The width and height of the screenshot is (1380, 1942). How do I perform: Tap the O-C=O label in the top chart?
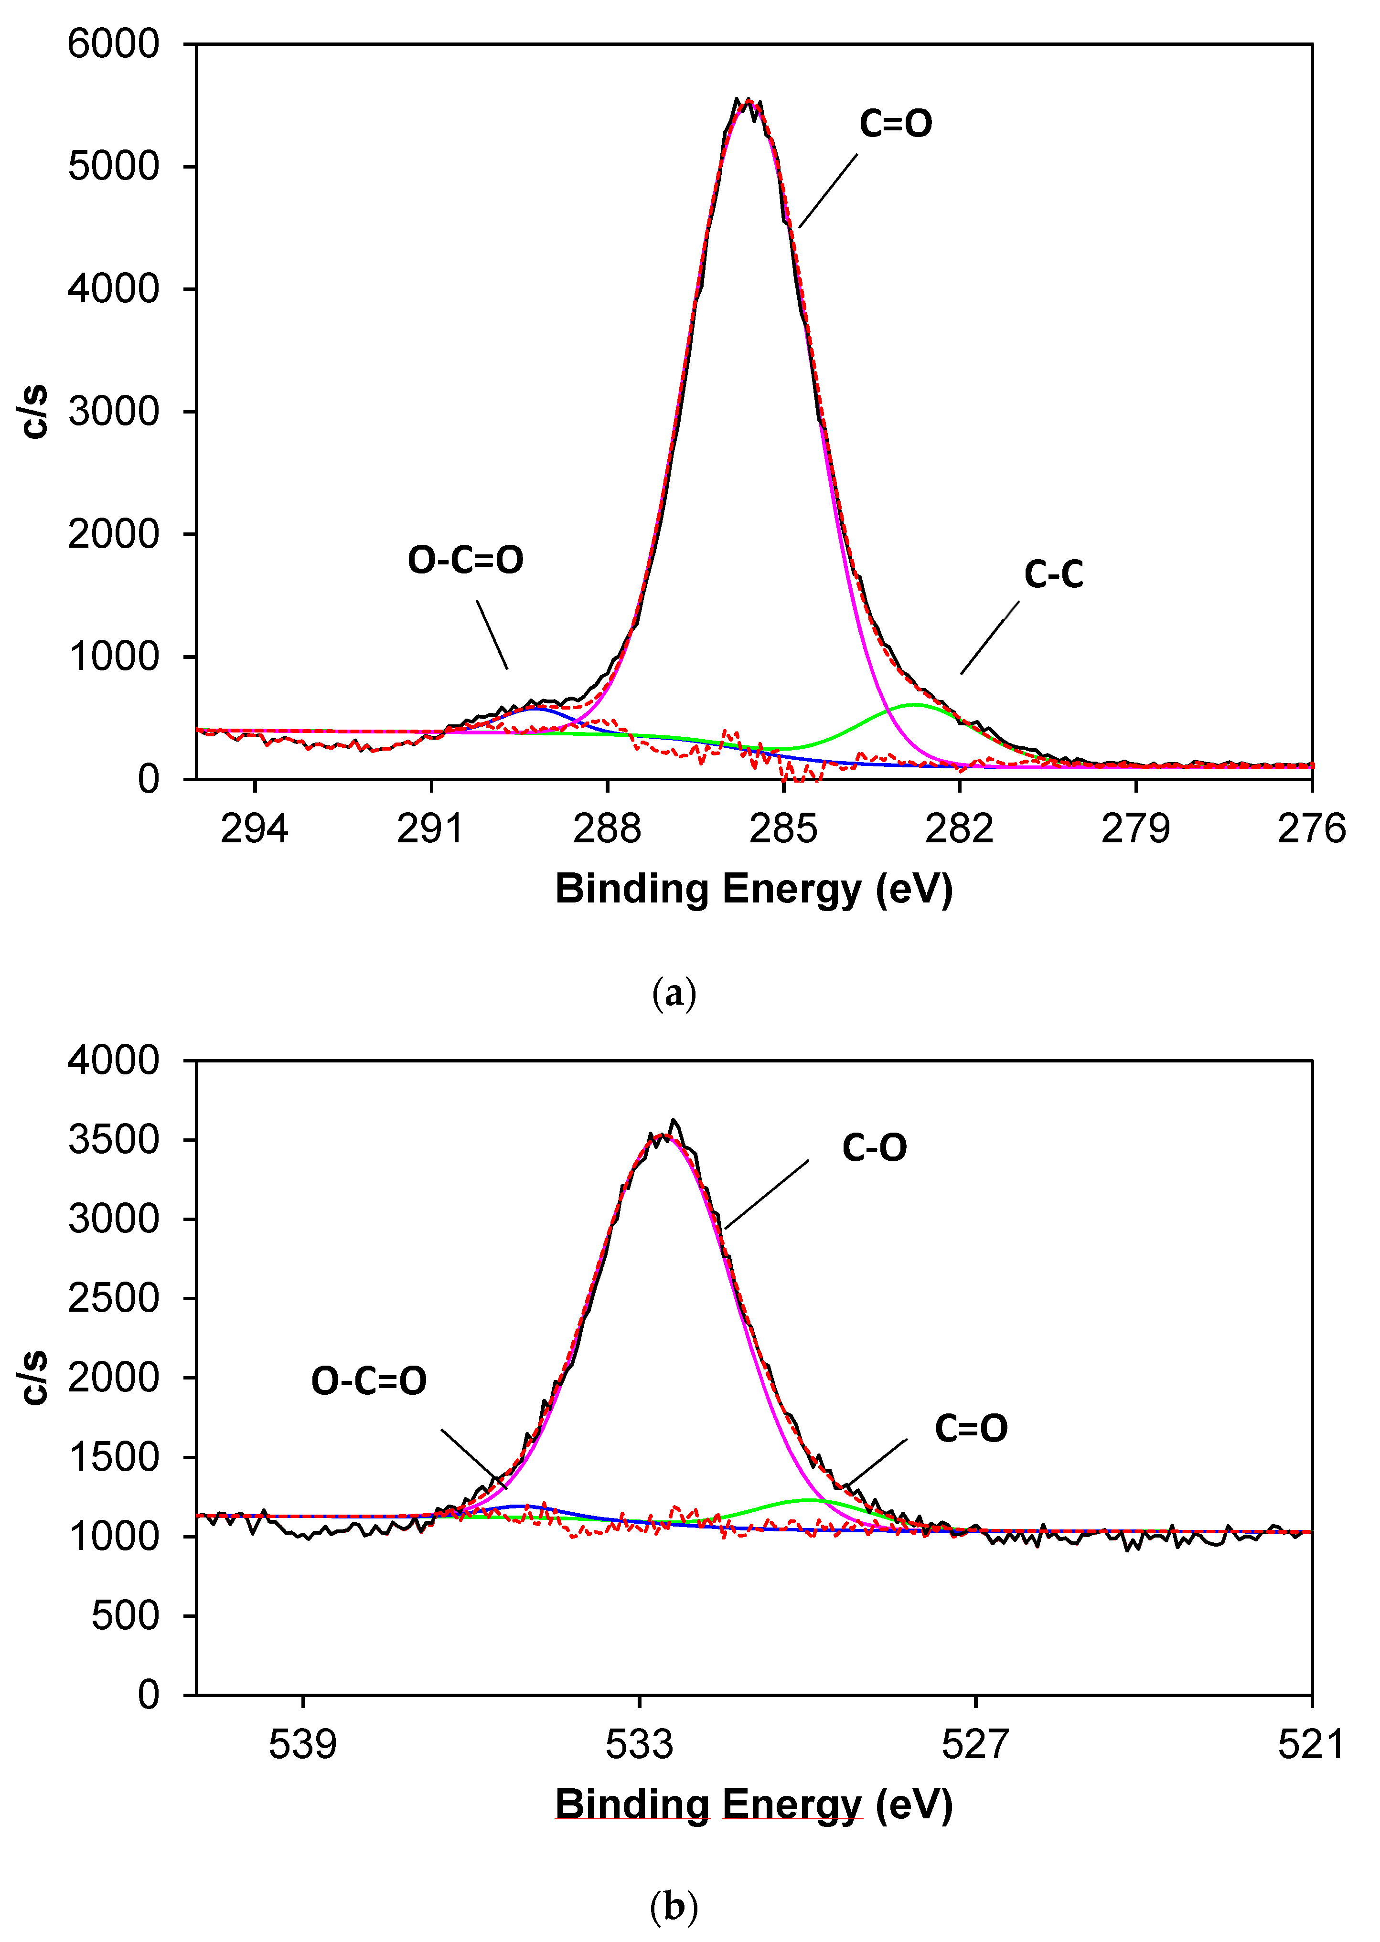[466, 560]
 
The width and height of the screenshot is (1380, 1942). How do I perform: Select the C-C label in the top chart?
[1054, 575]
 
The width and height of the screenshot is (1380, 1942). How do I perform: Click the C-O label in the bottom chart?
[875, 1148]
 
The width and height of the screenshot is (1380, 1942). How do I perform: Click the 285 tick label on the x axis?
[783, 829]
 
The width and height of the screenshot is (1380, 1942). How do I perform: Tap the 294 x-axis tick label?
[254, 829]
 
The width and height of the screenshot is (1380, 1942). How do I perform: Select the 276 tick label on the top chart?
[1311, 829]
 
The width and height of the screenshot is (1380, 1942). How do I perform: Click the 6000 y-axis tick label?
[113, 44]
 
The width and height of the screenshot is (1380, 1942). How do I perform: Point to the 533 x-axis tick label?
[639, 1745]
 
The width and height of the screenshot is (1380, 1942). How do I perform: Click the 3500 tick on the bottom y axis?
[113, 1140]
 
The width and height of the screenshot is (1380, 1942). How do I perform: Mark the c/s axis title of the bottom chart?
[34, 1378]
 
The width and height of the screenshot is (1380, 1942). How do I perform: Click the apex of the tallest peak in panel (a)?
[747, 102]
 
